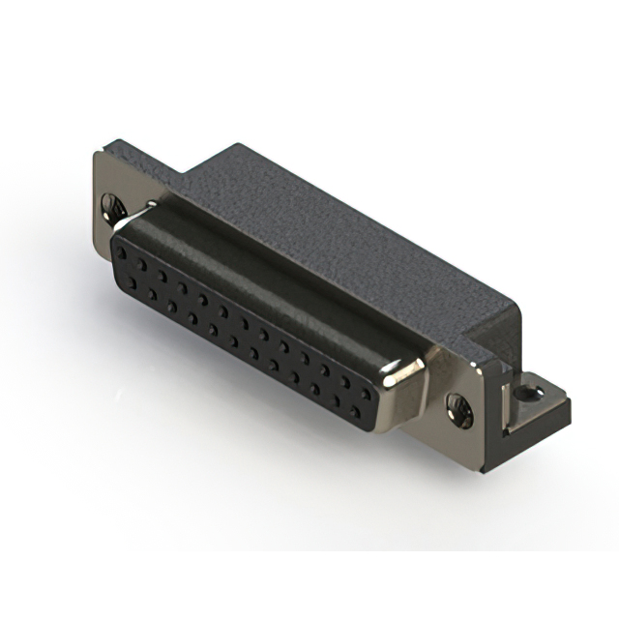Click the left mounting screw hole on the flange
point(114,206)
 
